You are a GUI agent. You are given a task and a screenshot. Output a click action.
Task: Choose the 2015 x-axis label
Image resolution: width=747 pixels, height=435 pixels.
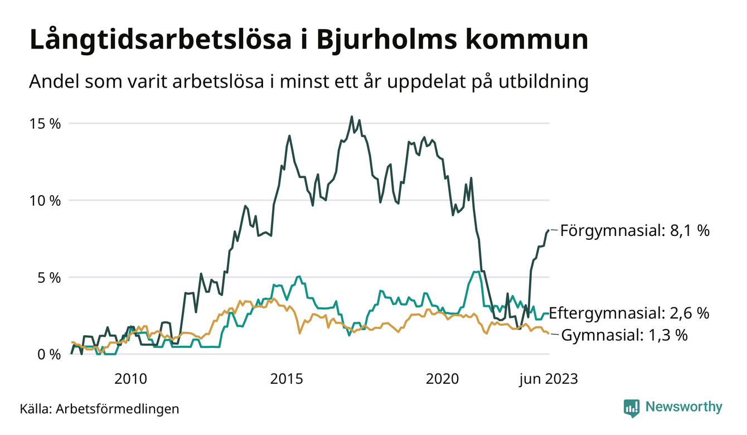coord(287,380)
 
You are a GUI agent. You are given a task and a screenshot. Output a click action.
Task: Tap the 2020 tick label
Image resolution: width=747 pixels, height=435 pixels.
coord(443,380)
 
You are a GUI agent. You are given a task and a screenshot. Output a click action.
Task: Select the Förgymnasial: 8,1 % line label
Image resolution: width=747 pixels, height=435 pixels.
coord(635,230)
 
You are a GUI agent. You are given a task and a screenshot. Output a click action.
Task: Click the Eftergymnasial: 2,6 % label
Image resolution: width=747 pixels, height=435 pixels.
coord(629,313)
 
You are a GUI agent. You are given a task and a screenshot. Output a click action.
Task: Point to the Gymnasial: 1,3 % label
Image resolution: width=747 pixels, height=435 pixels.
coord(624,336)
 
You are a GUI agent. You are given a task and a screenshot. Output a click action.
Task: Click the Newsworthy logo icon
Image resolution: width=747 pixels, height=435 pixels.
coord(632,408)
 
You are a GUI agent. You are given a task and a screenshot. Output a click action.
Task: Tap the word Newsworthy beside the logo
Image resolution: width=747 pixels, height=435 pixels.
coord(683,407)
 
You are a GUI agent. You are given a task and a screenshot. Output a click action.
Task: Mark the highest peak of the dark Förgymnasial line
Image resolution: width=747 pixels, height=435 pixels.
coord(351,117)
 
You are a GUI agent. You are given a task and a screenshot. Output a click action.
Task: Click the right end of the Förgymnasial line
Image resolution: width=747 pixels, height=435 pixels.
coord(549,230)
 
